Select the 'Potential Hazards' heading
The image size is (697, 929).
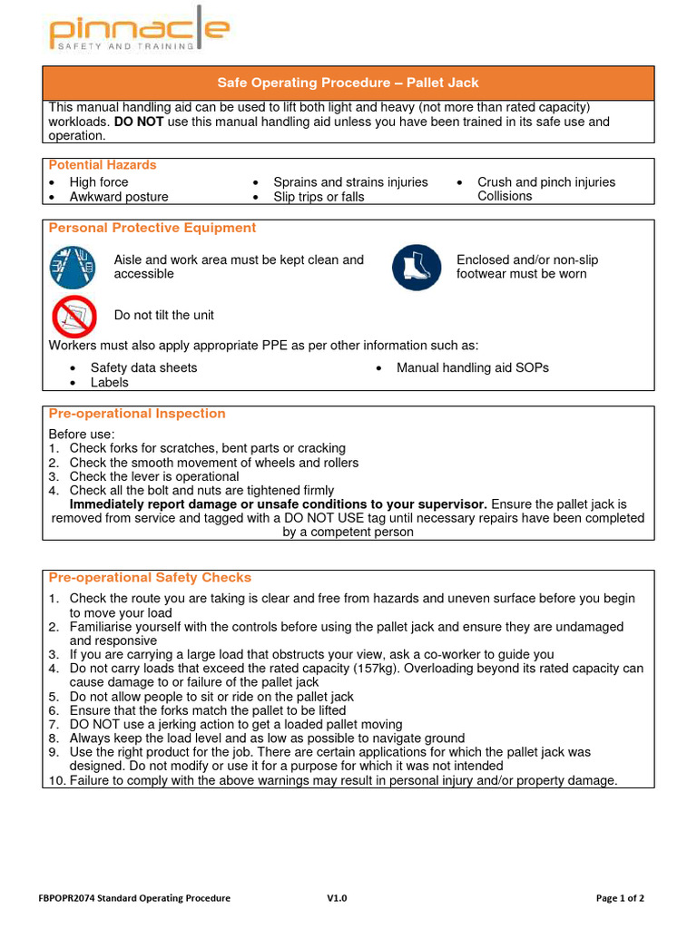(x=102, y=165)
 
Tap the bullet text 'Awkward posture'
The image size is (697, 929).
(x=119, y=197)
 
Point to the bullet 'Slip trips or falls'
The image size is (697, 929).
(x=319, y=197)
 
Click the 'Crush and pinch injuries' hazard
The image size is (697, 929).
(x=546, y=182)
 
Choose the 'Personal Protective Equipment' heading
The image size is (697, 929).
(x=152, y=228)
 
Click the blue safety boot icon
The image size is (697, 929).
(x=417, y=268)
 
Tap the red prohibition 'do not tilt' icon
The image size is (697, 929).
(x=73, y=316)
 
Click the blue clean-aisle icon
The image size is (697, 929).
(x=72, y=268)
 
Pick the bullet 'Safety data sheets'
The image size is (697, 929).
(x=143, y=367)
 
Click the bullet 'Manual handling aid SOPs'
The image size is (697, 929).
(x=473, y=367)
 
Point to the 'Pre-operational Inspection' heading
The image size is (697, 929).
(x=136, y=414)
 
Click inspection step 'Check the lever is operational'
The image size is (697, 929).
(x=154, y=476)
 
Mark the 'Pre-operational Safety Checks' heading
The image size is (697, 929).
(x=149, y=577)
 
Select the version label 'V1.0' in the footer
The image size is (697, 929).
(x=337, y=898)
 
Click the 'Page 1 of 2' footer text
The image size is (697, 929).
(x=620, y=898)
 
